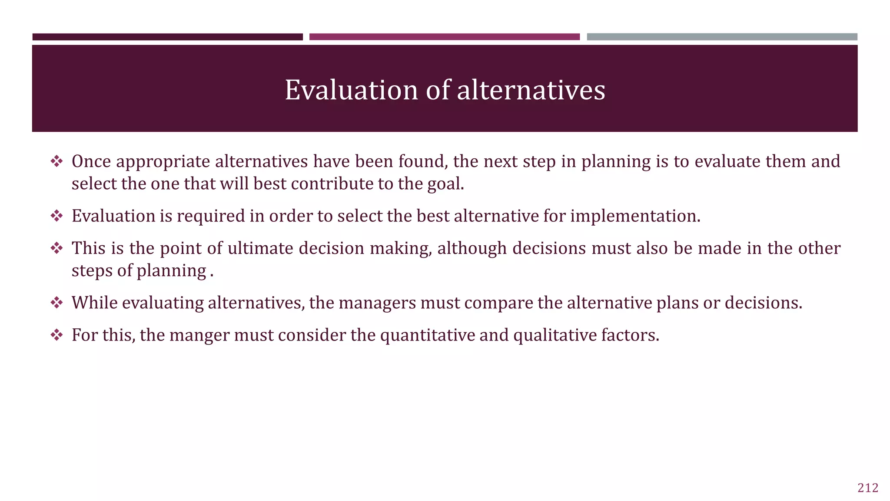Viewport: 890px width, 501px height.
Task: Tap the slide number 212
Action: coord(868,488)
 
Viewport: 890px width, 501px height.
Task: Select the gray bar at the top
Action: coord(722,37)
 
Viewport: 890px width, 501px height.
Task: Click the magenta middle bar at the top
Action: coord(444,37)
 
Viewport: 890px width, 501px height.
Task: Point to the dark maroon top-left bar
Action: coord(167,37)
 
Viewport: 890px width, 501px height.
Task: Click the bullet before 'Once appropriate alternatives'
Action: coord(56,162)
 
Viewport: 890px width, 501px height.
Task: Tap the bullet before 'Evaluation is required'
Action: coord(56,216)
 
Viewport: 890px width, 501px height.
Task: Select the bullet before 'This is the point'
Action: coord(56,248)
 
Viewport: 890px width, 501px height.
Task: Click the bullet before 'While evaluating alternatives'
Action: coord(56,303)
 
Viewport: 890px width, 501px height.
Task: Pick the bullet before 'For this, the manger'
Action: coord(56,335)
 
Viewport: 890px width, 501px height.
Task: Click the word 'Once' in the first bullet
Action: coord(91,162)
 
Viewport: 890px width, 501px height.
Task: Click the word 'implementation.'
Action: coord(635,216)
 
